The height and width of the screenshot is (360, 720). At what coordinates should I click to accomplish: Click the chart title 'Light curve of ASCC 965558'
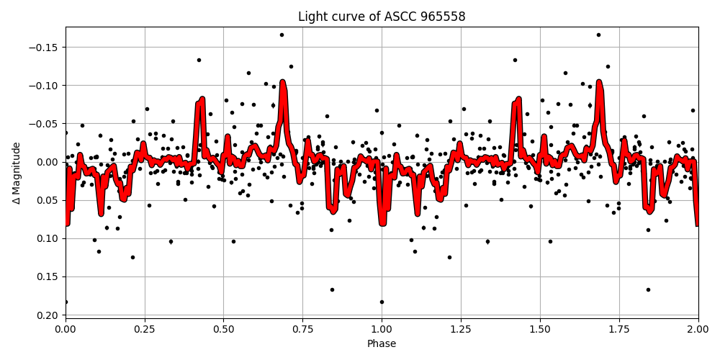tap(382, 17)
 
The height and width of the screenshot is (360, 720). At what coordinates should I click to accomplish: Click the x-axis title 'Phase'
tap(382, 344)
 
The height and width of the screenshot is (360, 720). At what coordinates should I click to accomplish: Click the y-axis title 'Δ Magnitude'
tap(17, 173)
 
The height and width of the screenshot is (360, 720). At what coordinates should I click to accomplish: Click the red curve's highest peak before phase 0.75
tap(283, 84)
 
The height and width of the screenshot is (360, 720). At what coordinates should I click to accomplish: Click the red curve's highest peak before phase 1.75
tap(599, 84)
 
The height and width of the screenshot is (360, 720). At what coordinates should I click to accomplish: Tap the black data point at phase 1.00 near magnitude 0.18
tap(382, 302)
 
